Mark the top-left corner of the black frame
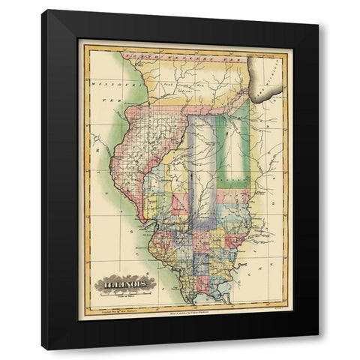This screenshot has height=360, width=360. [x=42, y=10]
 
